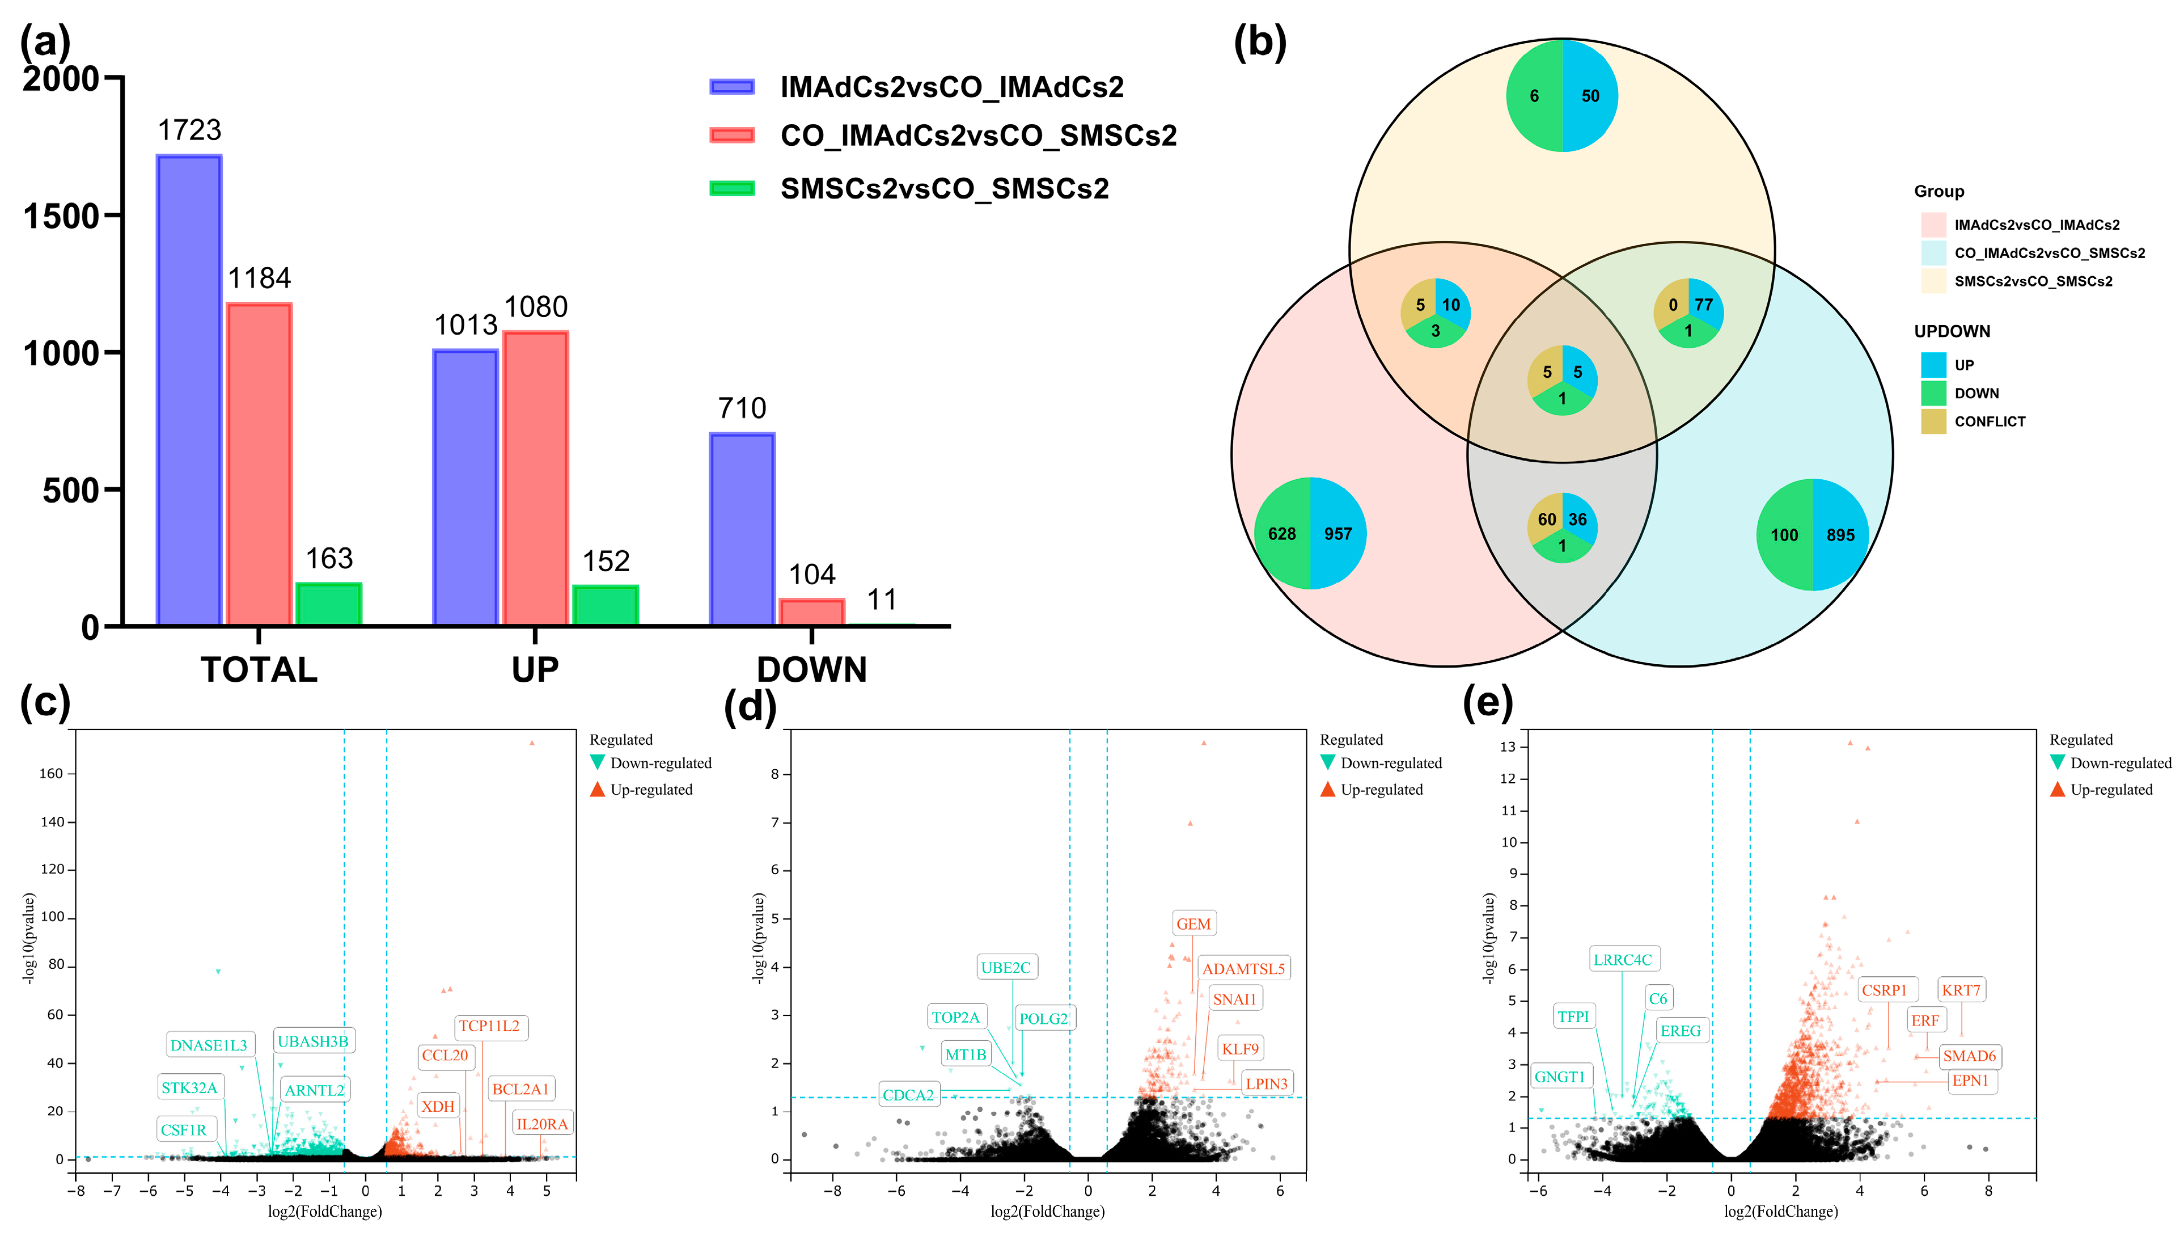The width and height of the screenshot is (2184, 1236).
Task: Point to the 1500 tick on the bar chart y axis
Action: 61,217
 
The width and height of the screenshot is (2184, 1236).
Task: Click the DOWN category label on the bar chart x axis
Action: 811,670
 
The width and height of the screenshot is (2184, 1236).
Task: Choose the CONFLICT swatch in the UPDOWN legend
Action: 1933,421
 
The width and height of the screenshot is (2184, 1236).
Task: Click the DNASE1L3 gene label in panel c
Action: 209,1045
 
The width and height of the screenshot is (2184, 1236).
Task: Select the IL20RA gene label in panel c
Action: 542,1124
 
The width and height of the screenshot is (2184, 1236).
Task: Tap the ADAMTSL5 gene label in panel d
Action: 1243,969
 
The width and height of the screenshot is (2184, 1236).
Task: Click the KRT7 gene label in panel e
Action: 1960,990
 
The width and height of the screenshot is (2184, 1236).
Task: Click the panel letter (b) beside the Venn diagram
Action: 1259,43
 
